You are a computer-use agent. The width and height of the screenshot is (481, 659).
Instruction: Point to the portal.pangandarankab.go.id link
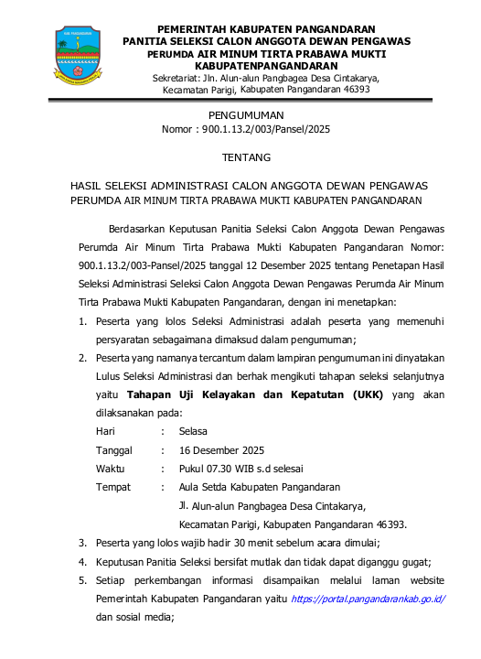[368, 599]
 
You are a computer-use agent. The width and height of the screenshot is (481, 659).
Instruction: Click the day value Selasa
[193, 430]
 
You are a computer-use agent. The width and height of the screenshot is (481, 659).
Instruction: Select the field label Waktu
[112, 469]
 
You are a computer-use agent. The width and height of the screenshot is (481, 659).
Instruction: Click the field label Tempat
[113, 487]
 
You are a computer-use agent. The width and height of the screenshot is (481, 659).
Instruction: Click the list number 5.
[82, 580]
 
